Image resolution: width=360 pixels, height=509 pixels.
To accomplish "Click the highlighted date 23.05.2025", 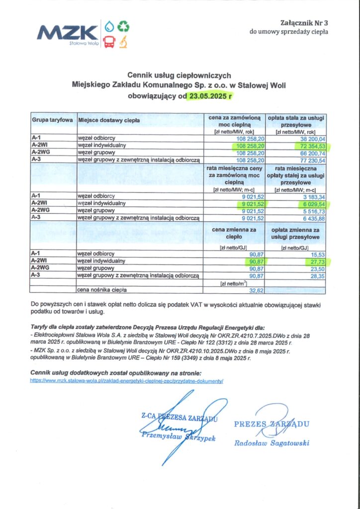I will pyautogui.click(x=209, y=96).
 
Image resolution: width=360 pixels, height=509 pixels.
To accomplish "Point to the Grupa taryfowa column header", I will pyautogui.click(x=53, y=120).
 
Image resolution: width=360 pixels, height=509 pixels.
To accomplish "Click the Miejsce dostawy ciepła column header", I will pyautogui.click(x=109, y=120).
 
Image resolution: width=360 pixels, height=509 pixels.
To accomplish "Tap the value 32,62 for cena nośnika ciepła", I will pyautogui.click(x=256, y=290).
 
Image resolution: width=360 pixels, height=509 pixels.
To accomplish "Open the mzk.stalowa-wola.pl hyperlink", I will pyautogui.click(x=127, y=380).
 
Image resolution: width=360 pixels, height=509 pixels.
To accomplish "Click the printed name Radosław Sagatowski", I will pyautogui.click(x=272, y=443).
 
